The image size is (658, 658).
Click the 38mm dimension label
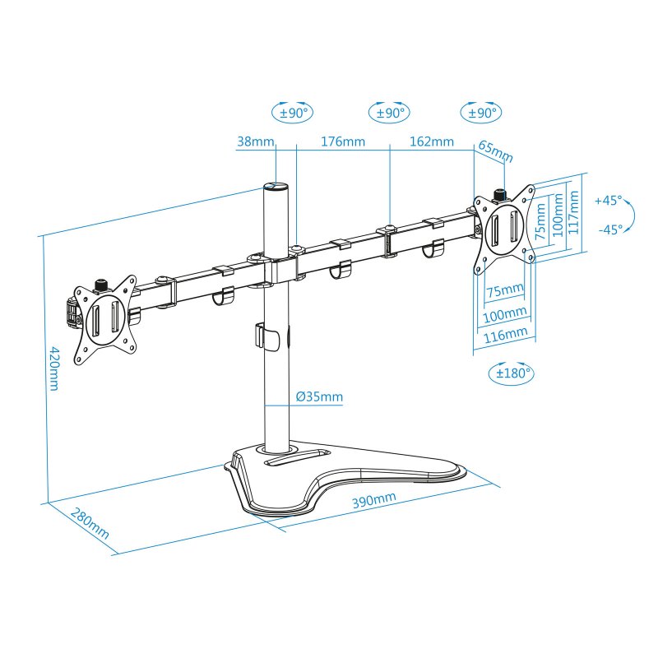point(255,141)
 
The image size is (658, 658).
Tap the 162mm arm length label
point(431,141)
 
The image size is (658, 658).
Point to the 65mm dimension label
point(495,152)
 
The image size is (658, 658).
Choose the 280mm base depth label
point(89,524)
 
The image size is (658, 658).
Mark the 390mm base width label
point(374,501)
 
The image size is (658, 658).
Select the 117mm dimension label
point(575,213)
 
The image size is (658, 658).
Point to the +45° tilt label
point(609,200)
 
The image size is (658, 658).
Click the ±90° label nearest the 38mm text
point(293,113)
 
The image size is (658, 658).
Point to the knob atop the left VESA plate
point(103,284)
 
